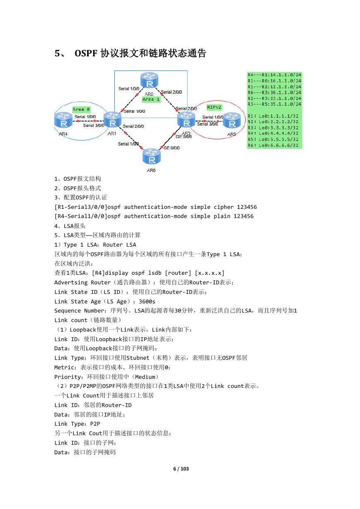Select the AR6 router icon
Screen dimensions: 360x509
tap(152, 156)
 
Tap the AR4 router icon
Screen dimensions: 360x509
tap(63, 120)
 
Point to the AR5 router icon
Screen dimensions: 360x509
tap(232, 120)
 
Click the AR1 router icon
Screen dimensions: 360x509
tap(112, 120)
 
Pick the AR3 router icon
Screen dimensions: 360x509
tap(186, 120)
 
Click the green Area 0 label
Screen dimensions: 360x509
tap(81, 109)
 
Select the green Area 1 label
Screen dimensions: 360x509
tap(151, 99)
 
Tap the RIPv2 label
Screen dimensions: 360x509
tap(214, 107)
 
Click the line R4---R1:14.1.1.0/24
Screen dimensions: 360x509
tap(274, 75)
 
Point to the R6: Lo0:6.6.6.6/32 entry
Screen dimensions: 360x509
tap(273, 145)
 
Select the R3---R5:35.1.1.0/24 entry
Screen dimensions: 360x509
tap(274, 104)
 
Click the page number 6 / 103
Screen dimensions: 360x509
tap(181, 469)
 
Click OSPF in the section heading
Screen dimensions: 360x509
tap(86, 53)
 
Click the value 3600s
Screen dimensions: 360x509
tap(147, 301)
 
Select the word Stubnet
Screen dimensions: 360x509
tap(138, 358)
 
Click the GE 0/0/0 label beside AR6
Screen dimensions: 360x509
tap(172, 148)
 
